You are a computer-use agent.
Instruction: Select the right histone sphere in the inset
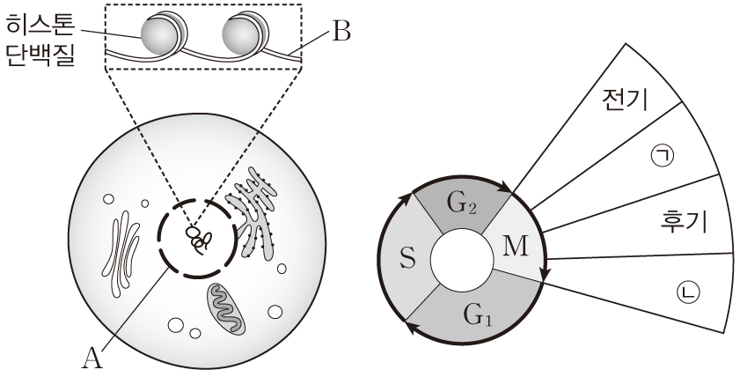pos(241,36)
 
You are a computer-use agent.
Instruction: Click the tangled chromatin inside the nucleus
pos(199,237)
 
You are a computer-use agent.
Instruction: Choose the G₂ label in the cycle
pos(461,205)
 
